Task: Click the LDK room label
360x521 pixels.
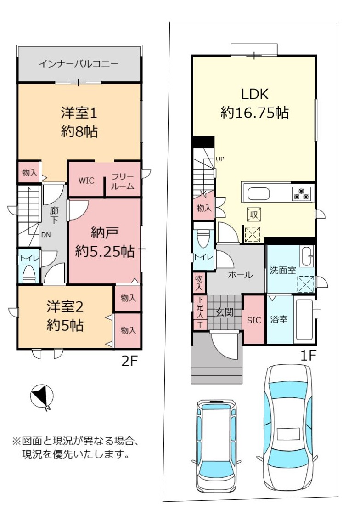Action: coord(255,94)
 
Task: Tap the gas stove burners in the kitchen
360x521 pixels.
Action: coord(302,194)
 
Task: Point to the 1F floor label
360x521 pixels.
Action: coord(308,356)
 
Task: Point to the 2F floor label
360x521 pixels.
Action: coord(129,361)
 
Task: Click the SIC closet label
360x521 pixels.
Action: coord(254,320)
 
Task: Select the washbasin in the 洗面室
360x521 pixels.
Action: coord(307,256)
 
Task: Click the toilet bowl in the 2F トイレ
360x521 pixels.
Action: coord(29,273)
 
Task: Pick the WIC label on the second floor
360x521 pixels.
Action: coord(86,181)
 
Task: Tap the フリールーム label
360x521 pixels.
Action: coord(123,181)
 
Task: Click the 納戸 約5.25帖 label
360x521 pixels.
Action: coord(105,242)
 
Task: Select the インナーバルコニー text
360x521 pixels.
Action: coord(79,64)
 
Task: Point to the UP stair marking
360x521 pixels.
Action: coord(220,159)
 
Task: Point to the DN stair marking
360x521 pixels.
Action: coord(46,235)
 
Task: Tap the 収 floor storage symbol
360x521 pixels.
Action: coord(254,215)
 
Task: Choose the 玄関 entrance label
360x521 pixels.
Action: coord(225,312)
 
